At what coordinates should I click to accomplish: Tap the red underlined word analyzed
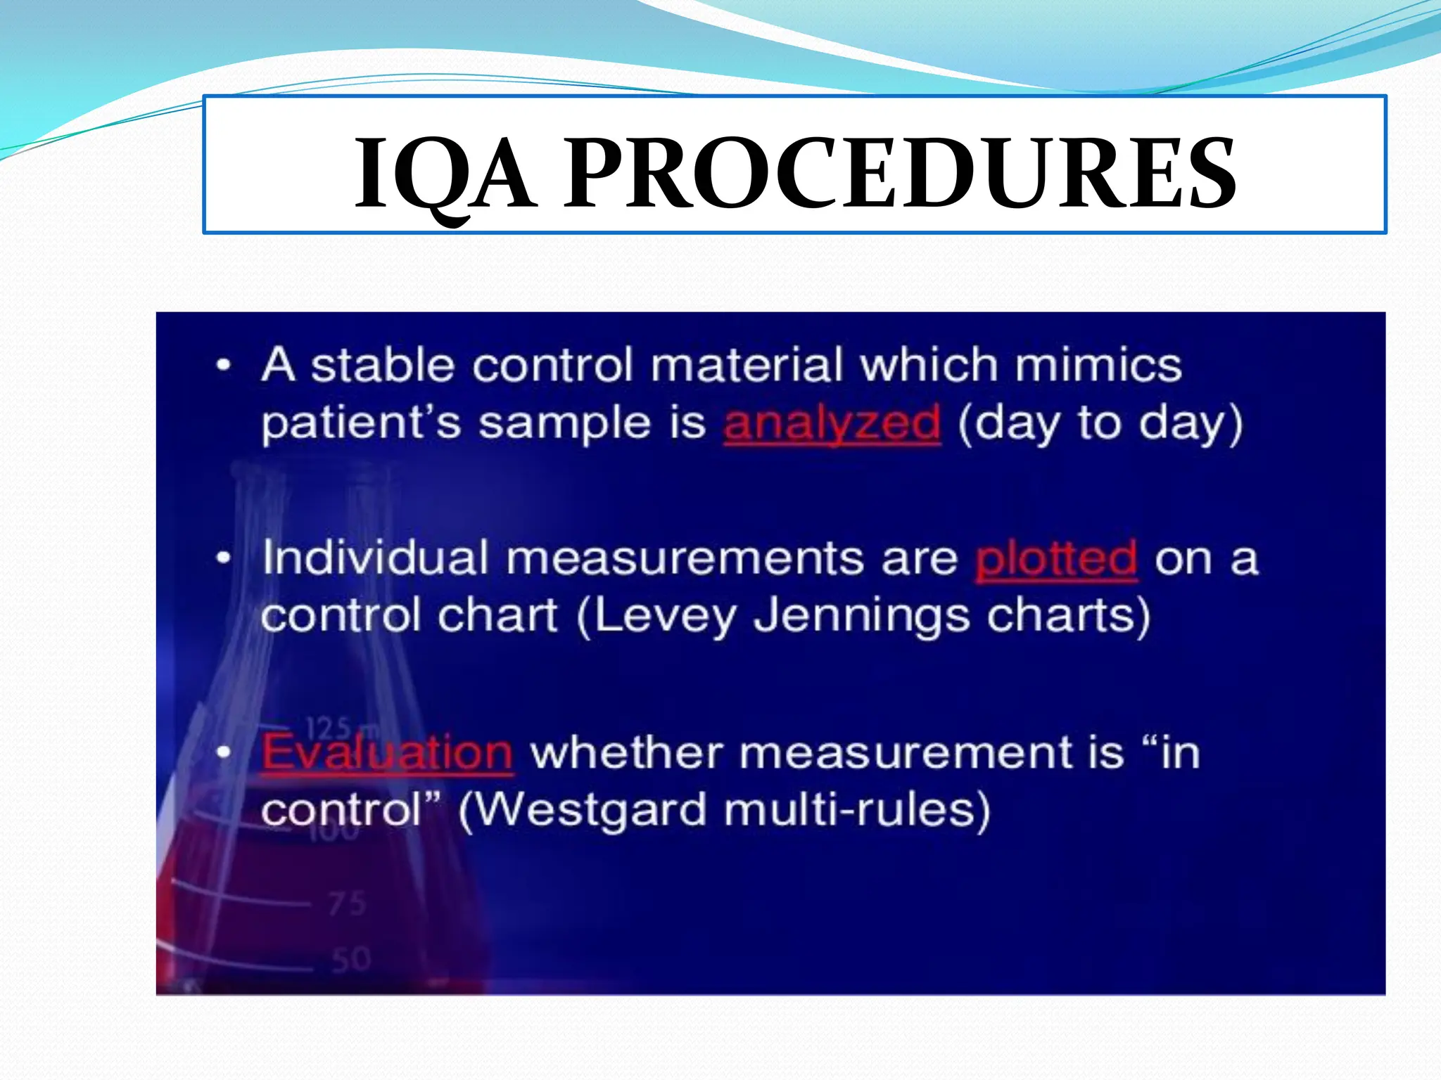pos(832,424)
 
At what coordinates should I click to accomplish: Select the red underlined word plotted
pos(1056,559)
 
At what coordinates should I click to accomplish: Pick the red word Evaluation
pos(387,752)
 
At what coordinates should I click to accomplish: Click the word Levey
pos(665,616)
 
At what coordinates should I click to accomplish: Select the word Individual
pos(375,558)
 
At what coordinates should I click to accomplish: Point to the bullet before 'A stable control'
pos(224,366)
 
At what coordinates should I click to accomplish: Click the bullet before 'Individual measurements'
pos(224,558)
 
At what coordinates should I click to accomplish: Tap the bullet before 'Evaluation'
pos(224,753)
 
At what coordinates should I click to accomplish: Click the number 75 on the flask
pos(347,904)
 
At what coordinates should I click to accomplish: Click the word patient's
pos(361,424)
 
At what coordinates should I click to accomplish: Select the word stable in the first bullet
pos(383,366)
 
